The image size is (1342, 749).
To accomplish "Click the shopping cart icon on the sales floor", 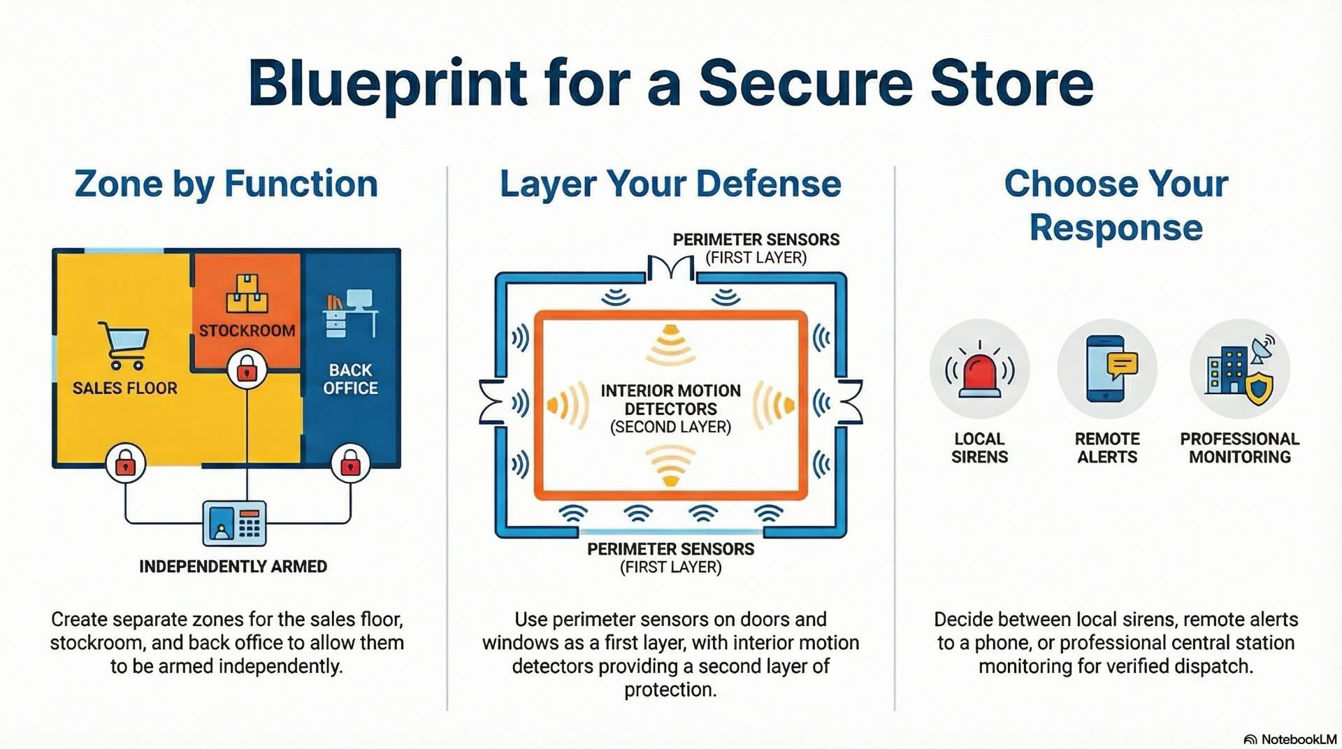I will point(124,344).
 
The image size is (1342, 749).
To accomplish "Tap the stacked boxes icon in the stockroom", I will point(247,293).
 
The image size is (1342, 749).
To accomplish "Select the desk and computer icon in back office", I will point(350,314).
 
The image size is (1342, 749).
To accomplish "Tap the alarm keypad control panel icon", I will point(234,523).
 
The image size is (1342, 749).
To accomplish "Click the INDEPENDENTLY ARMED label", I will point(233,567).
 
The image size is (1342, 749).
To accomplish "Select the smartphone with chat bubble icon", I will point(1108,369).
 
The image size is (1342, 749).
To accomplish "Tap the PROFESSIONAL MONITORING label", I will point(1239,448).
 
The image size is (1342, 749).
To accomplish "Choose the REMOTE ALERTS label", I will point(1107,448).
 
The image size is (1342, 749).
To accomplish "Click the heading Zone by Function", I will point(226,184).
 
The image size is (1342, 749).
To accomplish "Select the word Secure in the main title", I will point(806,83).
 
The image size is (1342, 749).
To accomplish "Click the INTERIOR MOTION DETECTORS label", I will point(670,400).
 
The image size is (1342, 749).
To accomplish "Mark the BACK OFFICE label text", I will point(350,379).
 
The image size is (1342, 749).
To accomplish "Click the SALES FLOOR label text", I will point(125,388).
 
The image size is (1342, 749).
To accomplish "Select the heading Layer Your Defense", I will point(670,184).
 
